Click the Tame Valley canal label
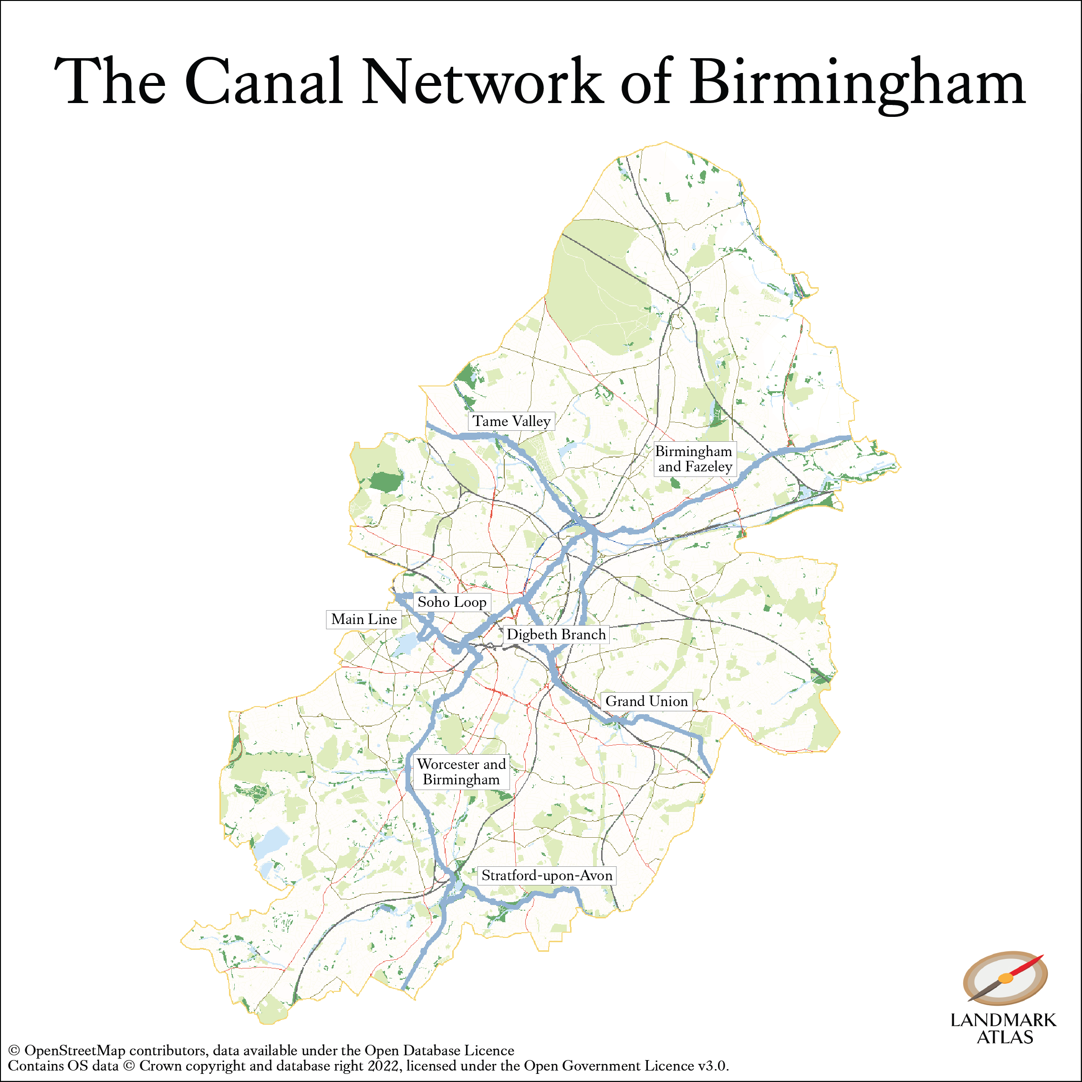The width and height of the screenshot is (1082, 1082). [511, 421]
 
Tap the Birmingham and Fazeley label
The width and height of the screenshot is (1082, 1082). [694, 458]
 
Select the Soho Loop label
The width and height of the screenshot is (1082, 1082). [452, 602]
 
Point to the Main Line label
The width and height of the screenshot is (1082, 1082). [364, 619]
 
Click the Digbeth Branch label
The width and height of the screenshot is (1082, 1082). [556, 635]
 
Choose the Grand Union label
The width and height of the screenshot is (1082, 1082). [646, 701]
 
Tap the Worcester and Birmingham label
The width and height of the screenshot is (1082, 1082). [461, 772]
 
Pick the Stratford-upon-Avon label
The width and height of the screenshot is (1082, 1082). [547, 875]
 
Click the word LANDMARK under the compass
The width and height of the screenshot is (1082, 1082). [1003, 1020]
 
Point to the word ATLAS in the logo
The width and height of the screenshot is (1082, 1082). [1005, 1037]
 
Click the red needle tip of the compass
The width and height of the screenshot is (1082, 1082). [1040, 957]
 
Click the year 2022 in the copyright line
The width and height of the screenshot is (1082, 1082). [384, 1066]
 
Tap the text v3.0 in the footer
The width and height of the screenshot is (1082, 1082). [712, 1066]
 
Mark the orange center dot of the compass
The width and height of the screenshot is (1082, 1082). [1006, 978]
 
